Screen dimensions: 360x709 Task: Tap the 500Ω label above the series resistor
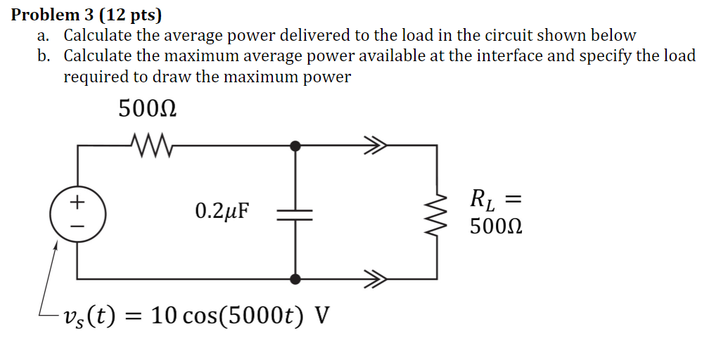click(x=147, y=110)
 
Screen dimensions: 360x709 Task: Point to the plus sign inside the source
click(x=77, y=202)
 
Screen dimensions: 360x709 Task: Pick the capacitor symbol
click(x=295, y=213)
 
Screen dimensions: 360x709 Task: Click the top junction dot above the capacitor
click(x=295, y=146)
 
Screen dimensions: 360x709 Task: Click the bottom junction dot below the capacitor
click(x=295, y=279)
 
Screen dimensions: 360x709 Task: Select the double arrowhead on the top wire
click(x=375, y=146)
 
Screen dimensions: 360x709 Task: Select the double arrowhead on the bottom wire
click(x=375, y=279)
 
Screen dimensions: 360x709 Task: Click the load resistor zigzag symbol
click(x=439, y=213)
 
